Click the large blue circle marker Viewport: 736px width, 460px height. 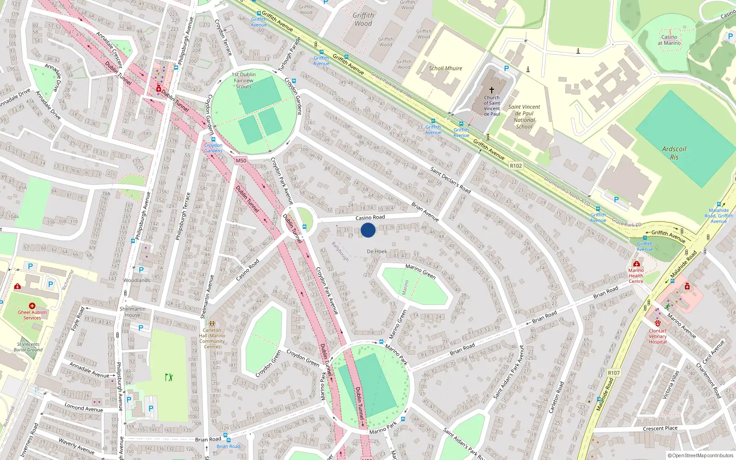(368, 230)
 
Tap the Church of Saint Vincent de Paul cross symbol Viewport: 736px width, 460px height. (491, 90)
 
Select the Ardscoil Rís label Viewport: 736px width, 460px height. (674, 153)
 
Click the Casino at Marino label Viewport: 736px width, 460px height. (669, 40)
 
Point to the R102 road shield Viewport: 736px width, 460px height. (516, 166)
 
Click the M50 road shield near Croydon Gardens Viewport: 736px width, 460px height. (241, 161)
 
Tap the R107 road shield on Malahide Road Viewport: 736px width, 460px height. (614, 373)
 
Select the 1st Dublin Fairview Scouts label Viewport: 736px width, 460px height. (244, 80)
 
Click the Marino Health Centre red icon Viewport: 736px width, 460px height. (636, 264)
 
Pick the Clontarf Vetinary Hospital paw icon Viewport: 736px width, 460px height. (658, 323)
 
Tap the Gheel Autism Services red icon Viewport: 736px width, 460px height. (32, 305)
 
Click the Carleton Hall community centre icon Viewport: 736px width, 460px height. (212, 324)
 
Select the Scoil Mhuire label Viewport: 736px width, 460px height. (445, 68)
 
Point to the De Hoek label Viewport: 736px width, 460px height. (377, 251)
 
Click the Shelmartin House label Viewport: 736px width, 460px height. (132, 312)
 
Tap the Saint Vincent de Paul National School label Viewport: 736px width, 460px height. (524, 116)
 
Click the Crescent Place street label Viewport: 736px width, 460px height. (660, 428)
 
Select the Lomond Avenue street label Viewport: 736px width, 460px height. (84, 408)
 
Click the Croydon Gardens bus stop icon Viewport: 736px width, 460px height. (213, 139)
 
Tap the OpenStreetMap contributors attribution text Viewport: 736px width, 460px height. (701, 456)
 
